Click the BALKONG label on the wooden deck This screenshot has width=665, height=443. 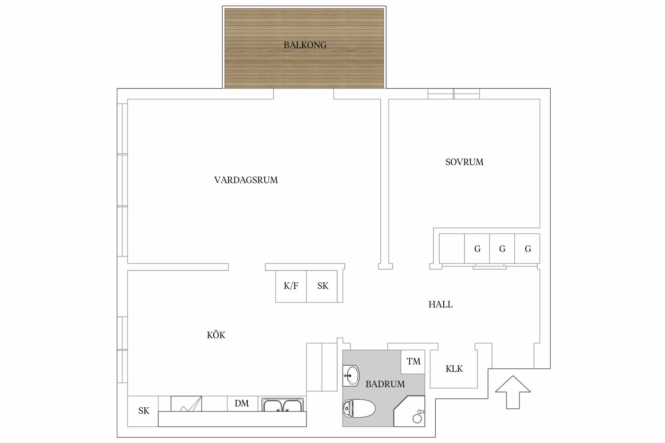pyautogui.click(x=305, y=45)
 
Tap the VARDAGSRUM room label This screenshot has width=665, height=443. pyautogui.click(x=246, y=180)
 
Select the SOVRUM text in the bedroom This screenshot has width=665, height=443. pyautogui.click(x=464, y=162)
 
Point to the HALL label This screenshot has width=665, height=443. pyautogui.click(x=440, y=304)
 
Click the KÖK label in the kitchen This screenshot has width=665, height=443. pyautogui.click(x=216, y=335)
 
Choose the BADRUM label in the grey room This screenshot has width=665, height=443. pyautogui.click(x=385, y=384)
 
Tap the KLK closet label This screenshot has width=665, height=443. pyautogui.click(x=454, y=369)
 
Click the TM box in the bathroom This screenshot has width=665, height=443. pyautogui.click(x=413, y=362)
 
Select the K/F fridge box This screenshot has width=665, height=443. pyautogui.click(x=291, y=286)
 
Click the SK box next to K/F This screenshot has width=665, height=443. pyautogui.click(x=322, y=286)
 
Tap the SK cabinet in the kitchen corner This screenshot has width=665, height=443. pyautogui.click(x=143, y=411)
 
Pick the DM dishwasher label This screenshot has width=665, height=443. pyautogui.click(x=242, y=404)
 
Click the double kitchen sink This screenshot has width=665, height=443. pyautogui.click(x=283, y=405)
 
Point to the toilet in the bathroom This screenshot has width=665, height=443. pyautogui.click(x=358, y=409)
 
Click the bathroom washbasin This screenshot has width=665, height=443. pyautogui.click(x=351, y=376)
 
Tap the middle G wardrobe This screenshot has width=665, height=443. pyautogui.click(x=502, y=248)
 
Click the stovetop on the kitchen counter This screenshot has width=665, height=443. pyautogui.click(x=186, y=404)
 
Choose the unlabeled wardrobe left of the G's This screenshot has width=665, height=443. pyautogui.click(x=452, y=248)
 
